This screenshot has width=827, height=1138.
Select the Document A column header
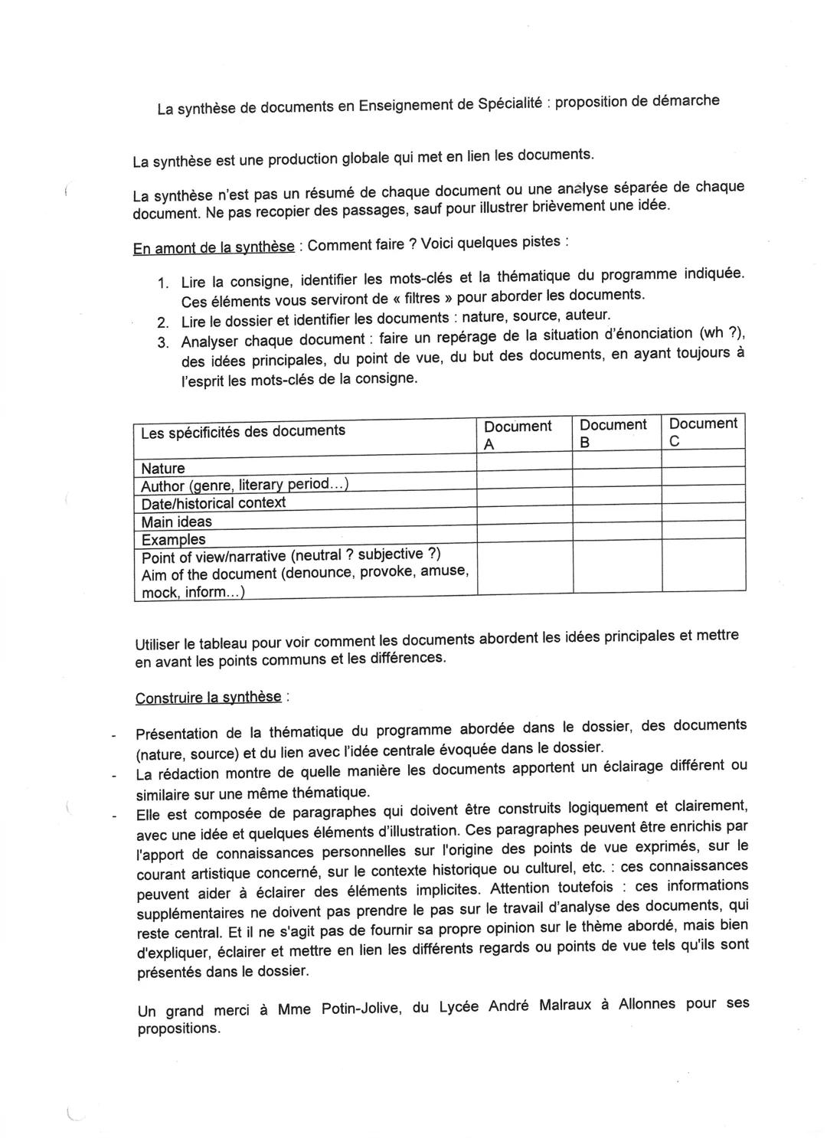[518, 434]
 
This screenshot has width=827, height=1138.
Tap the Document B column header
[613, 433]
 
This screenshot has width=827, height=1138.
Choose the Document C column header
[703, 432]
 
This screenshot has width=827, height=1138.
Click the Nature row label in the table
[163, 468]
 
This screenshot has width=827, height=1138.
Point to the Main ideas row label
[177, 522]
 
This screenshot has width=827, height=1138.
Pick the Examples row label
[174, 539]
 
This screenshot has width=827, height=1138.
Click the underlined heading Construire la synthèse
[208, 698]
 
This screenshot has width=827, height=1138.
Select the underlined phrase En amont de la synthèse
[214, 247]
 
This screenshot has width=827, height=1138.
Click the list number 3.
[162, 342]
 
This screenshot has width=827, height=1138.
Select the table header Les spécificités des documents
[243, 431]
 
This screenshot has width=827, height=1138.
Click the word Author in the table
[162, 486]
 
